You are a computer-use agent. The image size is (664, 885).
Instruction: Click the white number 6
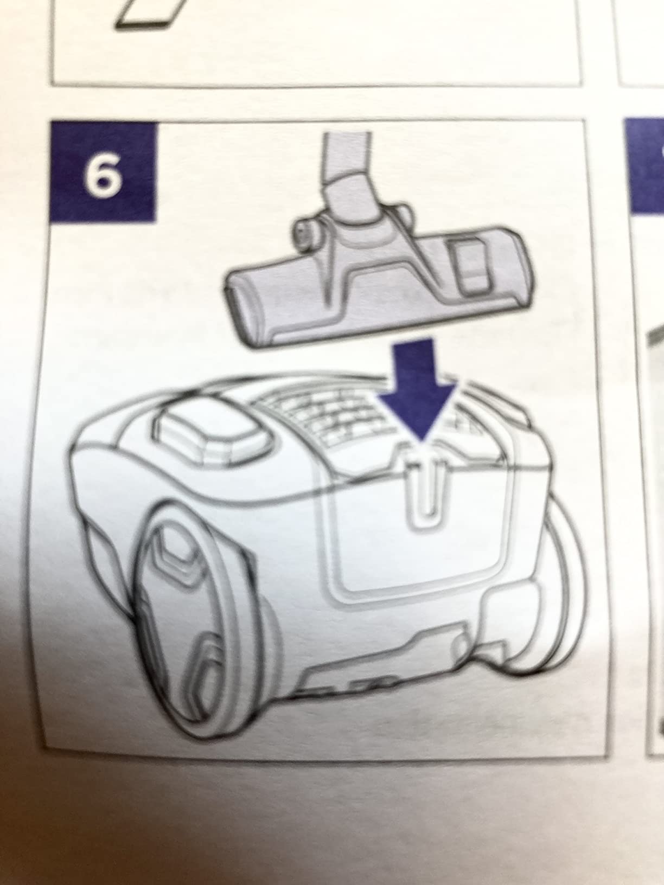(x=103, y=176)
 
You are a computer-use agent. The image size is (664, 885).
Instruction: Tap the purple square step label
(x=103, y=172)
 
